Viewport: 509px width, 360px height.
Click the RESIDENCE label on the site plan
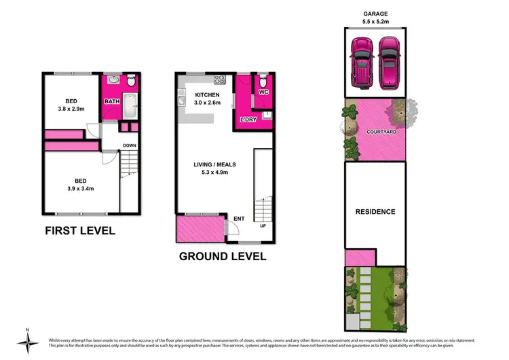(375, 212)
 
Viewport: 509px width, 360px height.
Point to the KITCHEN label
(206, 94)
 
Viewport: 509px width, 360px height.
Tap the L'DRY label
(246, 120)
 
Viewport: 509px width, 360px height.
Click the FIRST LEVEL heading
(80, 231)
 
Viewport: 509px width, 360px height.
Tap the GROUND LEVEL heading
(222, 257)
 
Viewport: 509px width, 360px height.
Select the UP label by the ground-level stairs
(263, 226)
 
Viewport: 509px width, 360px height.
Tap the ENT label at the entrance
(239, 219)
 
